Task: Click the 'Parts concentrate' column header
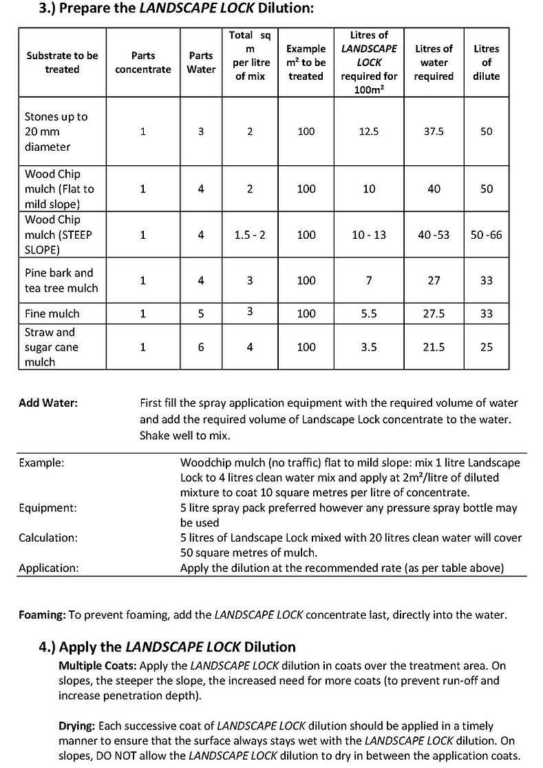pyautogui.click(x=142, y=62)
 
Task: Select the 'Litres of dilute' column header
pyautogui.click(x=486, y=62)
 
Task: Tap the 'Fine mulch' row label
pyautogui.click(x=52, y=313)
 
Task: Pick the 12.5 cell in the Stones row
pyautogui.click(x=369, y=131)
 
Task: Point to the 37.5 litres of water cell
pyautogui.click(x=434, y=131)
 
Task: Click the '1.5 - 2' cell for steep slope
pyautogui.click(x=250, y=235)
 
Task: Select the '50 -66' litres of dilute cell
pyautogui.click(x=486, y=235)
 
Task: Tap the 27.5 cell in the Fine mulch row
pyautogui.click(x=434, y=313)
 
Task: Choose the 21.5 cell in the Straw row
pyautogui.click(x=434, y=347)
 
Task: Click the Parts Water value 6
pyautogui.click(x=201, y=347)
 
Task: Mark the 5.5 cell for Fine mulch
pyautogui.click(x=369, y=313)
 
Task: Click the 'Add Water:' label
pyautogui.click(x=48, y=403)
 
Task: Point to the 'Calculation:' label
pyautogui.click(x=48, y=537)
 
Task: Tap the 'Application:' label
pyautogui.click(x=49, y=568)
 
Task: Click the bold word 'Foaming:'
pyautogui.click(x=42, y=615)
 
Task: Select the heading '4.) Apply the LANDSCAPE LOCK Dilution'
pyautogui.click(x=167, y=647)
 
